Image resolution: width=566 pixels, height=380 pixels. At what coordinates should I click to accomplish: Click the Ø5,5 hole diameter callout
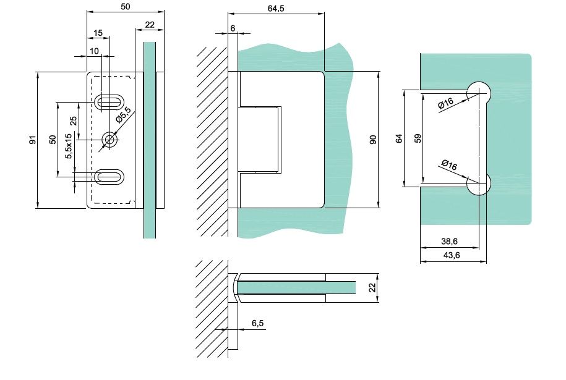(x=124, y=116)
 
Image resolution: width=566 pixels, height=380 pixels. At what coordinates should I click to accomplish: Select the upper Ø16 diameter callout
(x=445, y=104)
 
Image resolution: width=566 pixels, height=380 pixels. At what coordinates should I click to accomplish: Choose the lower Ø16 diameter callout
(x=449, y=165)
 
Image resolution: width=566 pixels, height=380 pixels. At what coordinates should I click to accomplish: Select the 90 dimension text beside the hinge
(x=372, y=140)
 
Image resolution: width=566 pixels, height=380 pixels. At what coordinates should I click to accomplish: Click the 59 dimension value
(x=418, y=137)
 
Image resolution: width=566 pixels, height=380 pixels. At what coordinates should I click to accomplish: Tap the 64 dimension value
(x=398, y=138)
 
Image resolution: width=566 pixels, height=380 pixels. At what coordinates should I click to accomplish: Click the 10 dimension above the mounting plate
(x=93, y=49)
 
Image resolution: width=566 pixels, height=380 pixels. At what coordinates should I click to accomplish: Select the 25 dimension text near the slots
(x=74, y=121)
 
